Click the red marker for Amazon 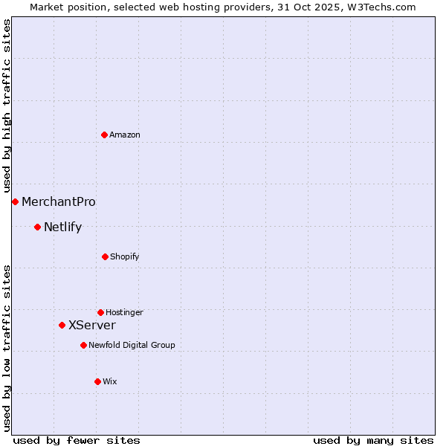point(105,135)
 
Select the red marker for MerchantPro point(15,201)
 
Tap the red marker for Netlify point(37,227)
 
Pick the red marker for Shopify point(105,256)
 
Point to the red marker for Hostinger point(100,312)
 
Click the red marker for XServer point(62,325)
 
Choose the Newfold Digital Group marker point(83,345)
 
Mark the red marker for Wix point(97,381)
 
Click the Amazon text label point(125,135)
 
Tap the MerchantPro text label point(59,201)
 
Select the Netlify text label point(62,227)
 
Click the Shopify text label point(124,257)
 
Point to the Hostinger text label point(124,312)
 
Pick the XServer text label point(92,325)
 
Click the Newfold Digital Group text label point(132,345)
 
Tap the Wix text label point(110,381)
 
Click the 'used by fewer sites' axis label point(77,440)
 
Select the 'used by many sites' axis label point(373,440)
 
